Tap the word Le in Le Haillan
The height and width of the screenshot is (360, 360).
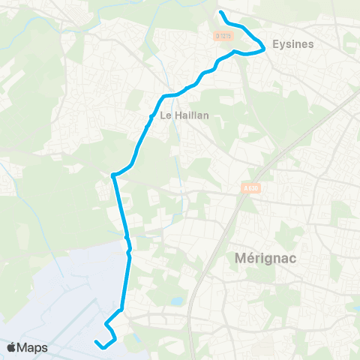click(166, 115)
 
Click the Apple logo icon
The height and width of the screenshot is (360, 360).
click(12, 347)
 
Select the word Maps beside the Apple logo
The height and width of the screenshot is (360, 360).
click(33, 348)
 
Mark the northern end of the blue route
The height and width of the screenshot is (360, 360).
click(220, 13)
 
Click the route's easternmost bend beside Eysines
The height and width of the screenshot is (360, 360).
click(264, 49)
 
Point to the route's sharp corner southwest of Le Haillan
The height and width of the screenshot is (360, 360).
click(112, 175)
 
